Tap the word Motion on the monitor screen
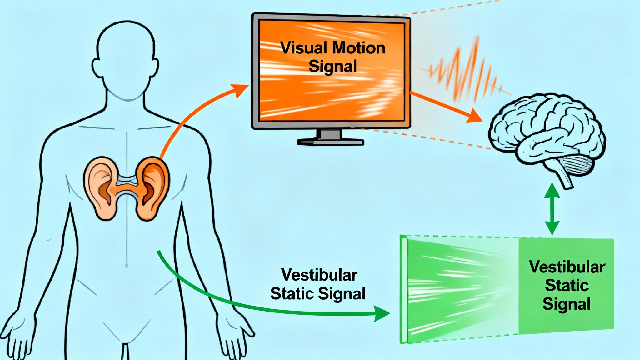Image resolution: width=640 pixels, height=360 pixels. point(358,48)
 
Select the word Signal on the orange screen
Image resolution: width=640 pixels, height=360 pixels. point(332,66)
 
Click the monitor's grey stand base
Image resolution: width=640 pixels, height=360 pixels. point(330,142)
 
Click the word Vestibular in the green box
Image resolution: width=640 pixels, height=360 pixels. point(567,267)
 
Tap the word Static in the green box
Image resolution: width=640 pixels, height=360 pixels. point(567,285)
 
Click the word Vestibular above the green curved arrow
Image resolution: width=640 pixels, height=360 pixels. point(319,275)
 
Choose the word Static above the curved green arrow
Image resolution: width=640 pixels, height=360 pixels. point(292,294)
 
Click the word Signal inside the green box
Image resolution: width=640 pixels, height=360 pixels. point(567,304)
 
